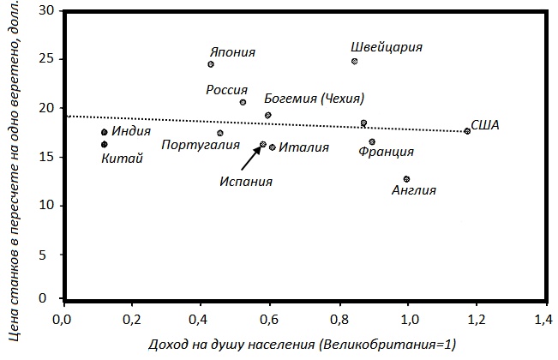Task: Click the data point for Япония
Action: click(211, 64)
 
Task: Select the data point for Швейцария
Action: click(354, 62)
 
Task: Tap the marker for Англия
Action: click(406, 179)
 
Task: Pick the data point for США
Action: click(467, 131)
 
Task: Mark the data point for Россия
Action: click(243, 102)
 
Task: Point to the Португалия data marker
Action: click(220, 133)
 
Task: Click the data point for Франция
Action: click(372, 141)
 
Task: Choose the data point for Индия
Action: click(105, 132)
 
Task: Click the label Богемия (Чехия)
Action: click(315, 98)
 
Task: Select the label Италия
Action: click(303, 147)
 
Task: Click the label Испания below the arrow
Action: click(245, 181)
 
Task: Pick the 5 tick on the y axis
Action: click(47, 254)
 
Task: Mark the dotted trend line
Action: click(171, 119)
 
